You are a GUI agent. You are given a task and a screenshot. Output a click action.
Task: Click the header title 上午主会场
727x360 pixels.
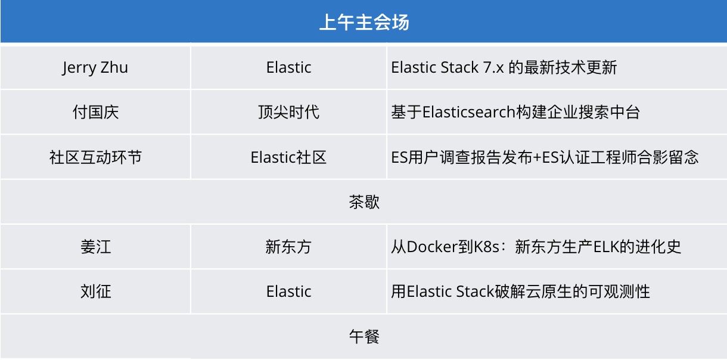(x=364, y=22)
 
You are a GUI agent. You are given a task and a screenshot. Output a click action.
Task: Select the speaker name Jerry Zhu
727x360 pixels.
(x=95, y=68)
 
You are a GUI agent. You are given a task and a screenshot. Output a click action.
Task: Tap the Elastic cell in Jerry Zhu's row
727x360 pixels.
(x=288, y=67)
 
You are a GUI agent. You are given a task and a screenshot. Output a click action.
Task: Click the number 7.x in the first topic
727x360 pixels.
(x=493, y=67)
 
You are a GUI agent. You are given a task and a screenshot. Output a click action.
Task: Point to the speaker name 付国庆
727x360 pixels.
(x=95, y=112)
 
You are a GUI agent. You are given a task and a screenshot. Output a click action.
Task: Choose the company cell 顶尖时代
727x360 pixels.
(x=288, y=112)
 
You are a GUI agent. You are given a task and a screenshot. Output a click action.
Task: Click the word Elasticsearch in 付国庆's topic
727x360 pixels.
(x=469, y=112)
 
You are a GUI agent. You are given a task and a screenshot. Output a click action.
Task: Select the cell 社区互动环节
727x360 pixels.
(x=95, y=157)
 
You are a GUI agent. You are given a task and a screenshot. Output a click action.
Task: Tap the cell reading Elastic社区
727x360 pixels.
(x=288, y=157)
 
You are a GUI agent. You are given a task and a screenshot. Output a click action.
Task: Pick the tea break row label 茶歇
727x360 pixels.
(x=364, y=202)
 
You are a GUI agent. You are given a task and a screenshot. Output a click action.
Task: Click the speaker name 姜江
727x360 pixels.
(x=95, y=247)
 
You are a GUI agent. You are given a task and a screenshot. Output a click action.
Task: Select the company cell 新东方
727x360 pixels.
(x=288, y=247)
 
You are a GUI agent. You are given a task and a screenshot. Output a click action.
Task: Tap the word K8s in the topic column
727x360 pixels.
(x=486, y=247)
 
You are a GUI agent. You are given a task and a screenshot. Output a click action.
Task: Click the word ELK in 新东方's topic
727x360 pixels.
(x=606, y=247)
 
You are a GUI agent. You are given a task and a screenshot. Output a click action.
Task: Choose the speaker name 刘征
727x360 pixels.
(x=95, y=291)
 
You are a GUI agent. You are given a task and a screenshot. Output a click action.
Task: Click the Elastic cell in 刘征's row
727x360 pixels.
(x=288, y=291)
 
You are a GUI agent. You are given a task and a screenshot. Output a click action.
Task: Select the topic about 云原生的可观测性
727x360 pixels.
(x=520, y=291)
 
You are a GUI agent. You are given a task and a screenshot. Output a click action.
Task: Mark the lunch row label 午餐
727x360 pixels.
(x=364, y=336)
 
